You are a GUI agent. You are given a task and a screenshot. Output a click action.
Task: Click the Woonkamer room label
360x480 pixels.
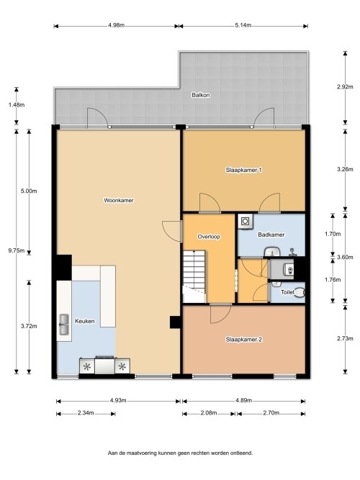click(119, 201)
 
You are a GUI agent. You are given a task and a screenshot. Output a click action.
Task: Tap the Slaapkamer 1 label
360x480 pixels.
click(243, 170)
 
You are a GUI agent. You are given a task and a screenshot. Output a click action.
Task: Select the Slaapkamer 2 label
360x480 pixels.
click(243, 340)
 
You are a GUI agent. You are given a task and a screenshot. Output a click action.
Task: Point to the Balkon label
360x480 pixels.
click(201, 95)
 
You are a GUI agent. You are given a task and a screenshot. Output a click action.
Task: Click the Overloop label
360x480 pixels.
click(209, 237)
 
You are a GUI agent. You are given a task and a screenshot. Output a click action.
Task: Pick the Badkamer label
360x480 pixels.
click(271, 235)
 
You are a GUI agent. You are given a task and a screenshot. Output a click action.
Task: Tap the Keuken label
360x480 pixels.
click(84, 321)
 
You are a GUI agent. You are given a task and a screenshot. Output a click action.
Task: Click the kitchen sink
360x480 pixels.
click(64, 325)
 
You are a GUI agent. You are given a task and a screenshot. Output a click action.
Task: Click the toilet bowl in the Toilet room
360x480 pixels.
click(300, 293)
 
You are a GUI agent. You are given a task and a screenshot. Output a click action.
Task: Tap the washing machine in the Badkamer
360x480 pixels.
click(245, 222)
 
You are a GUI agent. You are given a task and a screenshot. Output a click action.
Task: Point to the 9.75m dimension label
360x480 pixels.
click(17, 250)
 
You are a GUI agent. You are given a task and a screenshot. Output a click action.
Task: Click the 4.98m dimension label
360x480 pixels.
click(116, 25)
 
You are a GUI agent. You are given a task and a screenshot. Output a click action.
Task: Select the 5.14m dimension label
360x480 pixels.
click(243, 25)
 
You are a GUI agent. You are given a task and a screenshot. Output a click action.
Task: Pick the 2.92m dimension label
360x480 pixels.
click(345, 86)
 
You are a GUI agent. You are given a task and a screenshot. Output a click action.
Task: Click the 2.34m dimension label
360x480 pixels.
click(86, 413)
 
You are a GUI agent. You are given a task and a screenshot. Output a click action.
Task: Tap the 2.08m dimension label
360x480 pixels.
click(209, 413)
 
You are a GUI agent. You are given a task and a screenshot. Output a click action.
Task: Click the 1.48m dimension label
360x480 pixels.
click(17, 105)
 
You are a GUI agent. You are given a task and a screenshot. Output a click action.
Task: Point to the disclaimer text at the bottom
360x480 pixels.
click(180, 453)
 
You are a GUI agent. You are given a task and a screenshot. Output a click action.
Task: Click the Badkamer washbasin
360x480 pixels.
click(272, 252)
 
